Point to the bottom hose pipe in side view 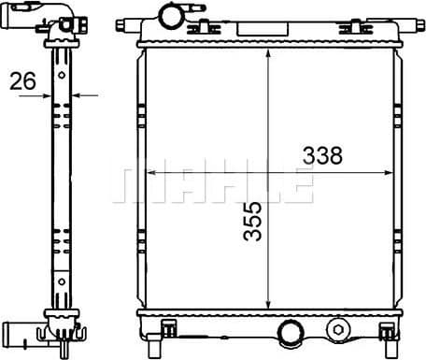click(21, 329)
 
